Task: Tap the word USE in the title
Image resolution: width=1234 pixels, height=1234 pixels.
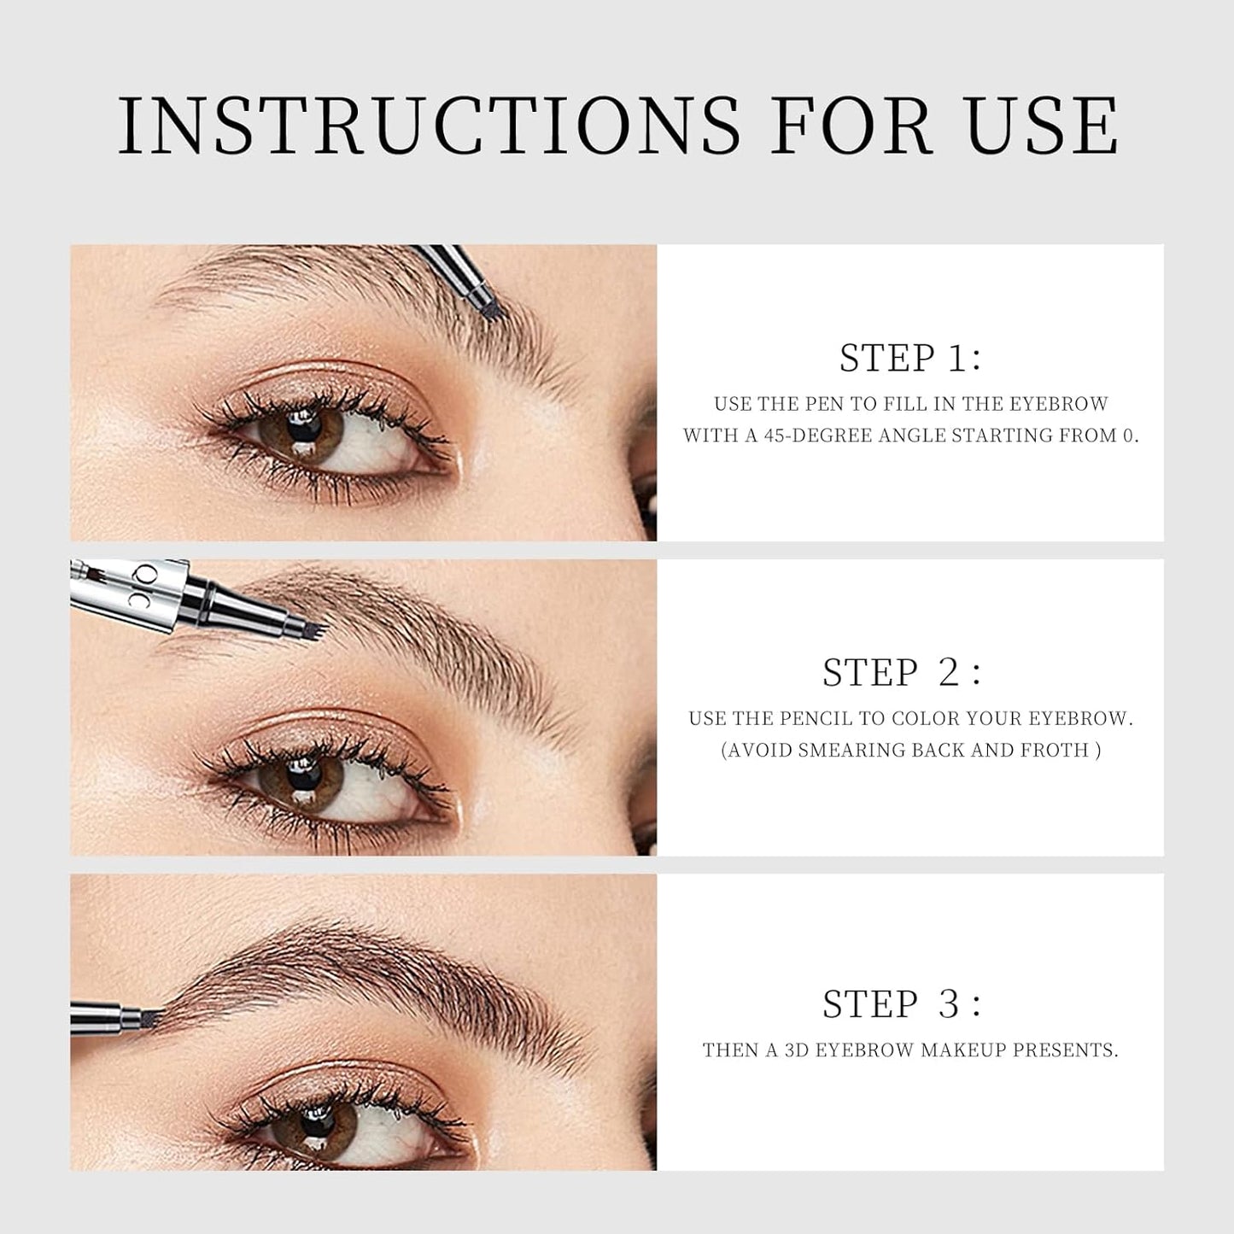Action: pyautogui.click(x=1042, y=126)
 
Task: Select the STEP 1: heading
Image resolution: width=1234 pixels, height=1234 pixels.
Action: pyautogui.click(x=910, y=358)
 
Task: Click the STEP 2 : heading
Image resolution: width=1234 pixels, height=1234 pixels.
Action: pyautogui.click(x=903, y=673)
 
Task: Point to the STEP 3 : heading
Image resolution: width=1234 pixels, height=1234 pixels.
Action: pyautogui.click(x=903, y=1004)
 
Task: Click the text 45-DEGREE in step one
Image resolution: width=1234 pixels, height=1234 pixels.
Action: pyautogui.click(x=819, y=436)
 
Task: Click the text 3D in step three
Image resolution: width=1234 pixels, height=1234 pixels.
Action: pyautogui.click(x=797, y=1050)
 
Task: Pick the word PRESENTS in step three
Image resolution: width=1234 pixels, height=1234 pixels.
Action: pyautogui.click(x=1065, y=1050)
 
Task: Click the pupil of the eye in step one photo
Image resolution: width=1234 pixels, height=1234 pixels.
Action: pyautogui.click(x=303, y=424)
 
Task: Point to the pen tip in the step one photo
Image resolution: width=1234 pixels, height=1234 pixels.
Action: pyautogui.click(x=489, y=309)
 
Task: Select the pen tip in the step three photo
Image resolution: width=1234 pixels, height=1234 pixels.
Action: pyautogui.click(x=152, y=1017)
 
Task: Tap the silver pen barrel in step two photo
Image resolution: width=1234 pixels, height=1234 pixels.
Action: pyautogui.click(x=137, y=589)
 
